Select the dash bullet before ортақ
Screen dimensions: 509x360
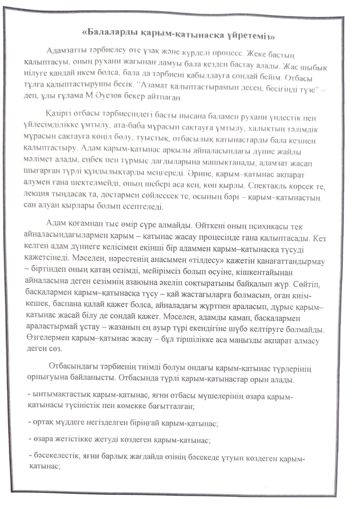click(30, 422)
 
